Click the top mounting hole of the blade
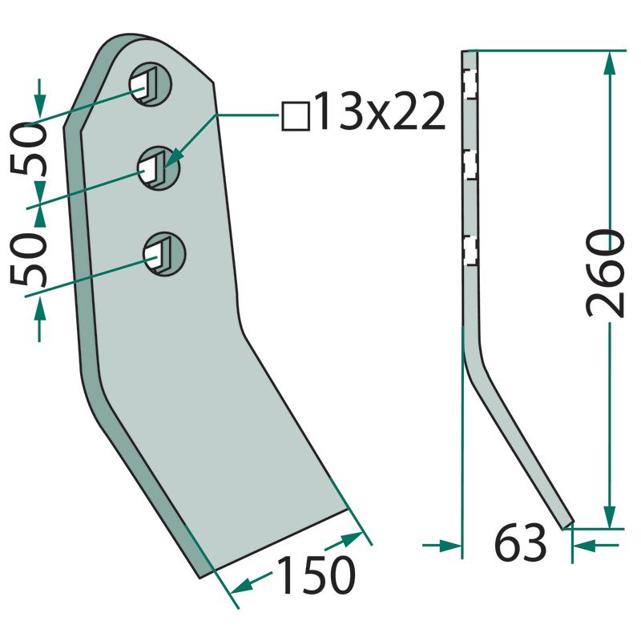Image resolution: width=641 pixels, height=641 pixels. [x=151, y=84]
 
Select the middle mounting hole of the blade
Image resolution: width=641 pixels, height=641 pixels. [x=159, y=168]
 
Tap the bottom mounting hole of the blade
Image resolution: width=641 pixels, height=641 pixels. [x=164, y=254]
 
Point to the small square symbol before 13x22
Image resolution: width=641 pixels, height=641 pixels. [x=296, y=117]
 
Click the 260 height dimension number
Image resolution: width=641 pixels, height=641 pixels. [x=606, y=273]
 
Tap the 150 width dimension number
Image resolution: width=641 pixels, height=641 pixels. [x=316, y=574]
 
